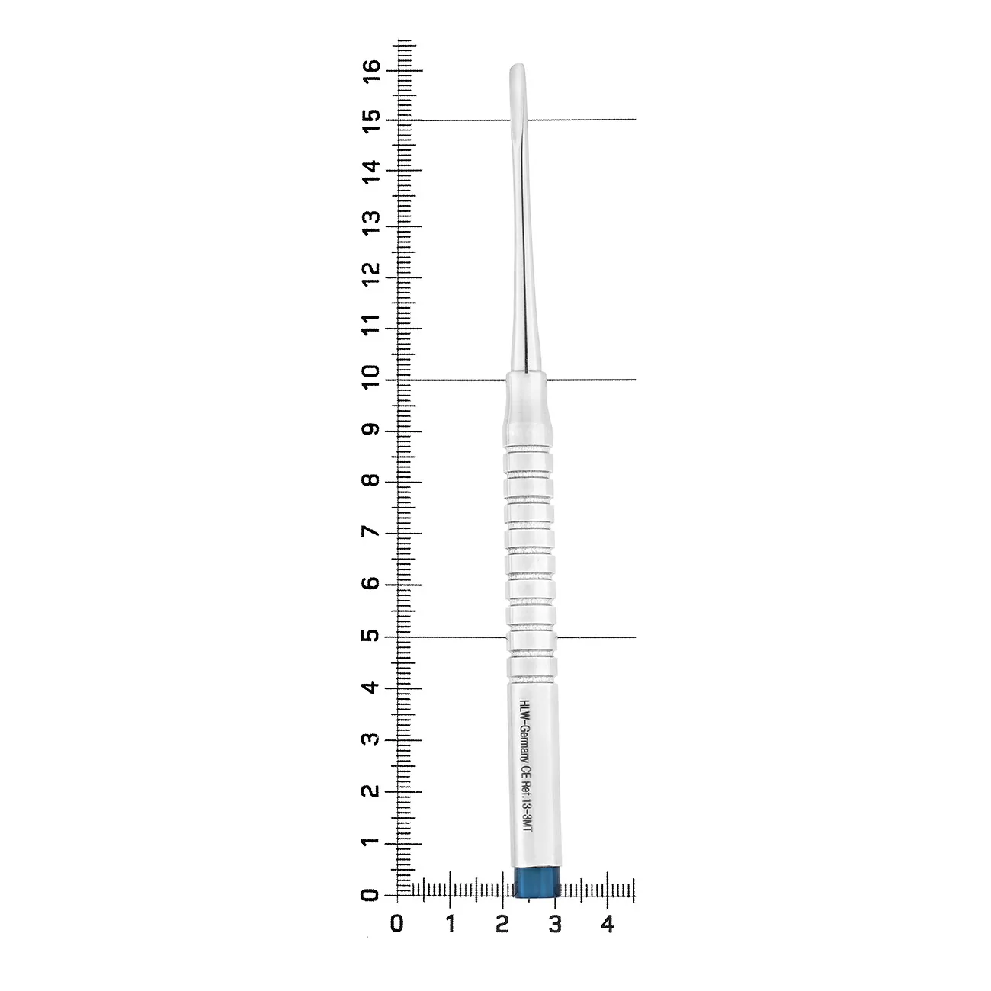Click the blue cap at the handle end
(x=537, y=883)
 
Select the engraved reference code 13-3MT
(x=527, y=813)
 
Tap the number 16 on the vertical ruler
(x=371, y=70)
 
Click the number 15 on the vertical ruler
(x=371, y=121)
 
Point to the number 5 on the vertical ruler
(x=370, y=636)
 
